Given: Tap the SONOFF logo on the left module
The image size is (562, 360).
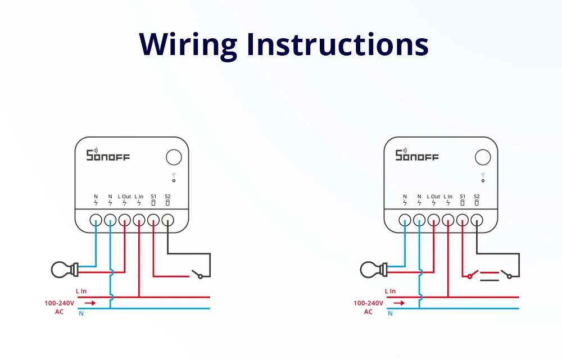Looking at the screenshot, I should (x=107, y=155).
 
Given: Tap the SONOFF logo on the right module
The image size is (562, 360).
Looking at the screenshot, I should (x=416, y=155).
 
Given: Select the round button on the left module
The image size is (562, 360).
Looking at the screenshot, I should (x=174, y=157).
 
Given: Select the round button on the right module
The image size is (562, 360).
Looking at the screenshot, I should (x=483, y=157).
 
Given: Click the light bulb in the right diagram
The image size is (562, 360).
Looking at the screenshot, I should (x=371, y=270).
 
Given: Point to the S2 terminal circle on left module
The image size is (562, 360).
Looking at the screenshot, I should (x=167, y=221).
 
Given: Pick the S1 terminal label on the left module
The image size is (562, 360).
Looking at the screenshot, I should (x=153, y=197).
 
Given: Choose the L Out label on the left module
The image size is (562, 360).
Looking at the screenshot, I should (x=125, y=197).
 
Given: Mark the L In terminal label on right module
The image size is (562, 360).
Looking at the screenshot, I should (x=448, y=197).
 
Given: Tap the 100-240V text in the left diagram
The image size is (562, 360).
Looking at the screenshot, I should (x=58, y=303).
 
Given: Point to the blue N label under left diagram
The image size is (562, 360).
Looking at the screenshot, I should (x=81, y=313).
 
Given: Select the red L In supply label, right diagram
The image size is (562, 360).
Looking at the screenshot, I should (x=390, y=291).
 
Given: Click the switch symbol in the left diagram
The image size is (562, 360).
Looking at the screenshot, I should (x=197, y=275).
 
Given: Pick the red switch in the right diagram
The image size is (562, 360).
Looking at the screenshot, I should (x=471, y=275).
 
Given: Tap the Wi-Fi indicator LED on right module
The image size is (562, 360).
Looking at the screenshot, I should (x=483, y=180).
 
